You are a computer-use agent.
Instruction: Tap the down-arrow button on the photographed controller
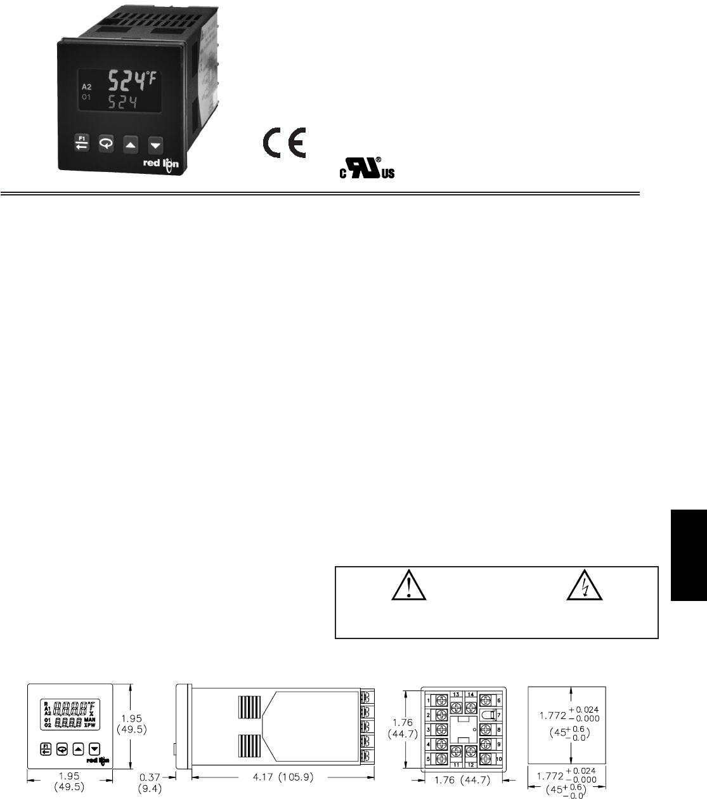click(155, 145)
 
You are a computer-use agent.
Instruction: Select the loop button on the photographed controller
click(106, 145)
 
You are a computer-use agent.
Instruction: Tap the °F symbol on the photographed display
click(152, 77)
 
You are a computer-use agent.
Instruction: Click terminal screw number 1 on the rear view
click(441, 700)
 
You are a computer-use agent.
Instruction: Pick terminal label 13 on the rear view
click(456, 694)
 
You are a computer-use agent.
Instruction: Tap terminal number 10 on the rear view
click(499, 759)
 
